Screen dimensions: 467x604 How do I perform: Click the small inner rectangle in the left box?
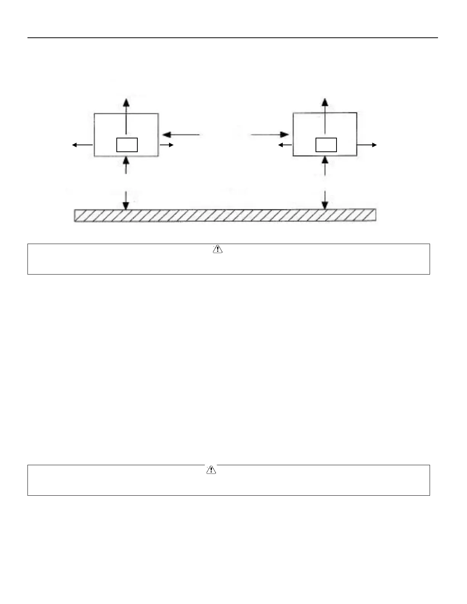coord(127,145)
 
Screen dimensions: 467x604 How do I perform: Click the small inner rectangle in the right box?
coord(326,145)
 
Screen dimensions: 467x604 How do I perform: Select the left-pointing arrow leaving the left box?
coord(82,145)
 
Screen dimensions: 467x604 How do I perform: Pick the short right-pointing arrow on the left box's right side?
coord(167,145)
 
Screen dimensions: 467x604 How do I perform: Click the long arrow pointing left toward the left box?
coord(181,135)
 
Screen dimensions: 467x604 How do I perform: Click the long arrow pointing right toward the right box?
coord(270,135)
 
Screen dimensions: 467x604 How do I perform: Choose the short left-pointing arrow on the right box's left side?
coord(285,145)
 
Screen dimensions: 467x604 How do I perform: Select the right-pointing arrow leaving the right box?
coord(367,145)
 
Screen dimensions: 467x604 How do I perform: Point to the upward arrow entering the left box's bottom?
coord(126,165)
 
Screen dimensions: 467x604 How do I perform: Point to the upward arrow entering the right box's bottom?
coord(325,166)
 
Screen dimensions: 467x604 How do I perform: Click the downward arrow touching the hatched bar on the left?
coord(126,200)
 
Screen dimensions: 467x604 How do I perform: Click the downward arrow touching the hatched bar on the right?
coord(325,200)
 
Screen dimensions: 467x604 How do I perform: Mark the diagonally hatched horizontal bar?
coord(225,215)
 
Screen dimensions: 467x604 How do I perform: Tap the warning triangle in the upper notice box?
coord(217,249)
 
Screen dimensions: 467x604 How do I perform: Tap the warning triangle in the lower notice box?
coord(211,470)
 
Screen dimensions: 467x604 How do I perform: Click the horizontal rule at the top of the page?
coord(233,38)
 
